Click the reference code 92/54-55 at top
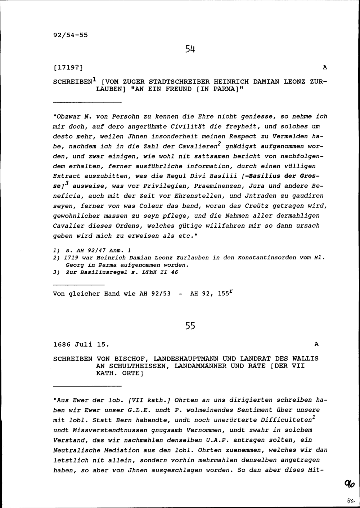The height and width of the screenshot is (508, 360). pyautogui.click(x=70, y=35)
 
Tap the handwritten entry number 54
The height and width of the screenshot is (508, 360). pyautogui.click(x=190, y=49)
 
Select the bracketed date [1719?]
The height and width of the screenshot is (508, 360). pyautogui.click(x=68, y=67)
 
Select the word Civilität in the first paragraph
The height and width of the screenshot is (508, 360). pyautogui.click(x=187, y=126)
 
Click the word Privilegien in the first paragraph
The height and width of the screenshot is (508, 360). pyautogui.click(x=167, y=186)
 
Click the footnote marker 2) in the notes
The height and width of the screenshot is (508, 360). pyautogui.click(x=56, y=258)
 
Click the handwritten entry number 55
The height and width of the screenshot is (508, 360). pyautogui.click(x=190, y=326)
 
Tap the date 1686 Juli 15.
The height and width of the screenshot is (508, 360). pyautogui.click(x=81, y=344)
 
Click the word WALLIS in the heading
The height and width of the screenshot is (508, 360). pyautogui.click(x=306, y=359)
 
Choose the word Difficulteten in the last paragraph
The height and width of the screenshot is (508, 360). pyautogui.click(x=286, y=420)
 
